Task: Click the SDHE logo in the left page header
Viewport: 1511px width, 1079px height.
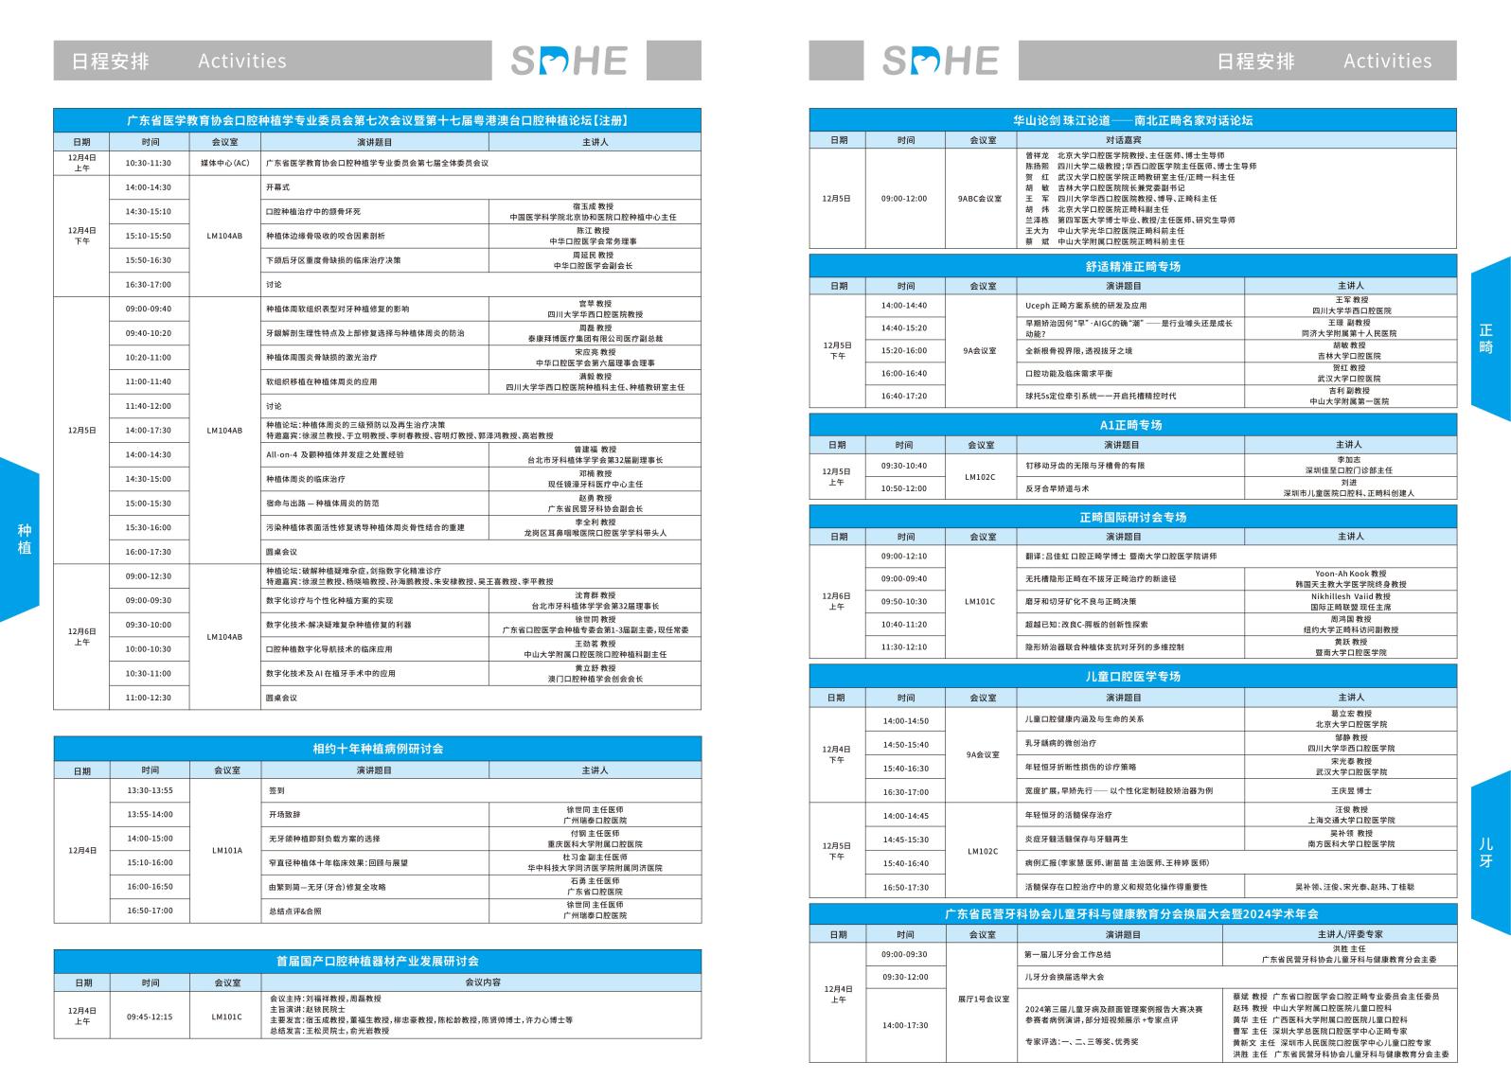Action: point(569,61)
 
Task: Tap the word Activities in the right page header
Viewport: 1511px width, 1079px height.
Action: point(1387,61)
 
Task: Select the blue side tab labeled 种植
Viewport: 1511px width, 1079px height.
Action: point(24,539)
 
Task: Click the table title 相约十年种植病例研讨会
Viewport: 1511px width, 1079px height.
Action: point(378,748)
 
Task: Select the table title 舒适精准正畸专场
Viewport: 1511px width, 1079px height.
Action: point(1132,266)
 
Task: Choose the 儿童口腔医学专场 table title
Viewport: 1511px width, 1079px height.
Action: point(1132,676)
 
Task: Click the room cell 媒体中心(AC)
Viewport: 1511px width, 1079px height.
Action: point(224,163)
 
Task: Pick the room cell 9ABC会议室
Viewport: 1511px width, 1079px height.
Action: point(979,199)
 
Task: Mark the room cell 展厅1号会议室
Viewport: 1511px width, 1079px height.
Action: point(979,999)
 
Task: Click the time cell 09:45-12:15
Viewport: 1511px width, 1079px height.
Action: point(150,1017)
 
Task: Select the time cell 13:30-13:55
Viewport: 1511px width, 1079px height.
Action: point(150,790)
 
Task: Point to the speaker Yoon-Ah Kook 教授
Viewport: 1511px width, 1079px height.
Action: point(1350,574)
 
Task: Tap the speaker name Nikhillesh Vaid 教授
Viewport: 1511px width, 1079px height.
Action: point(1350,596)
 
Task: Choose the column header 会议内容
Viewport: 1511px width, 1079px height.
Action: point(483,982)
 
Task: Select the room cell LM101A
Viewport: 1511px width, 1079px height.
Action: point(226,850)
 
